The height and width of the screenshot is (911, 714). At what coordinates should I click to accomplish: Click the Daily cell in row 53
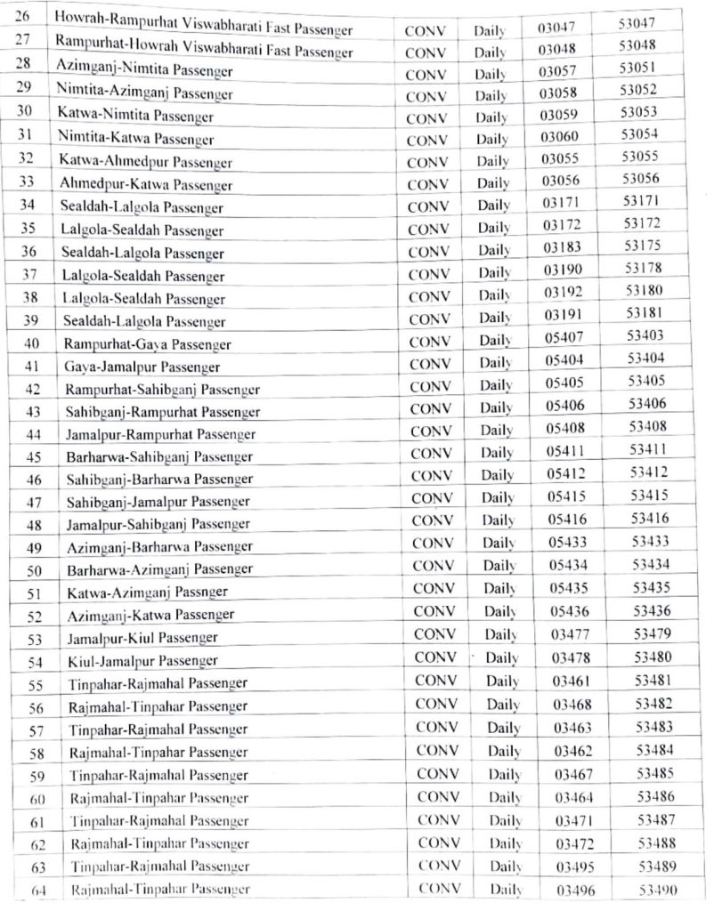(501, 635)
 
